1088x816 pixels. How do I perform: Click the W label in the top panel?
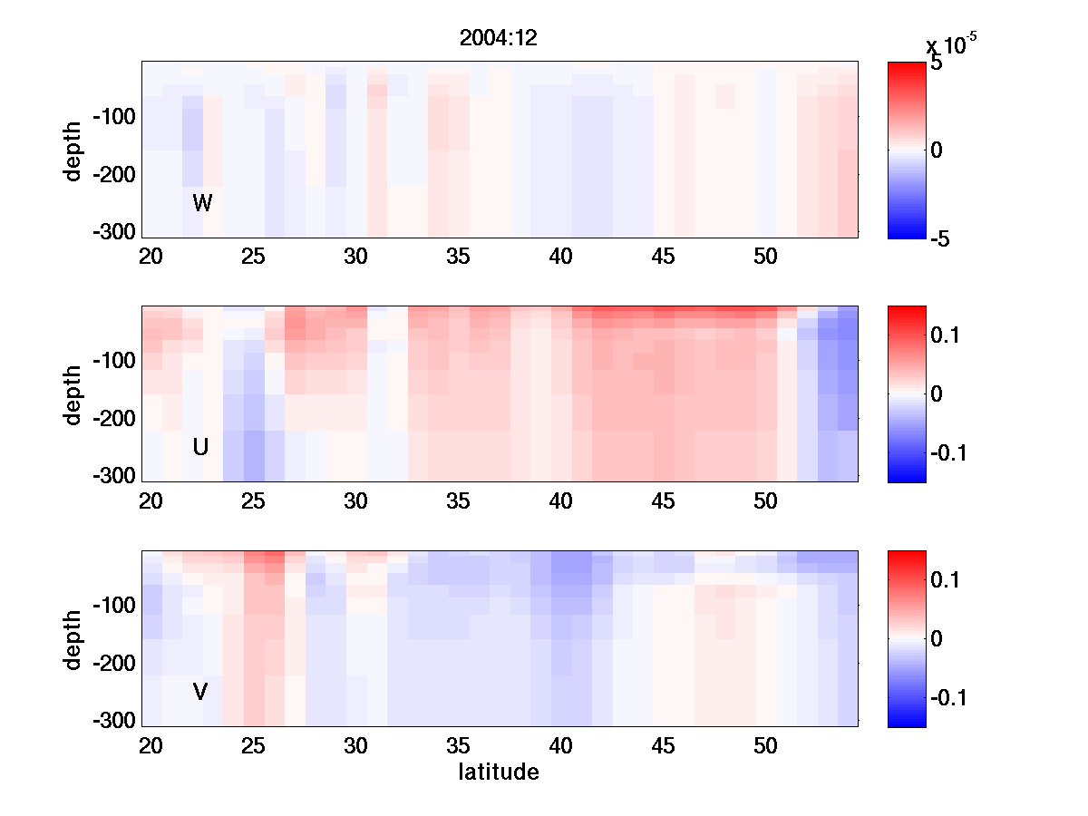[x=202, y=203]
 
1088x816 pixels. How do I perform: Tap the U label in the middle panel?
[x=201, y=447]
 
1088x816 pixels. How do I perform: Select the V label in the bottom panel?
[x=200, y=692]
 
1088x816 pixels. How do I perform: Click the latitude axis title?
[x=499, y=772]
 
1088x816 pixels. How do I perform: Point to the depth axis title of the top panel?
[x=73, y=150]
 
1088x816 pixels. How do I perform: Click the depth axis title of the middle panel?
[x=73, y=394]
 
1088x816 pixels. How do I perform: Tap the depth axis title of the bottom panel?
[x=73, y=639]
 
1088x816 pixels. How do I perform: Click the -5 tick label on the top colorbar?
[x=943, y=239]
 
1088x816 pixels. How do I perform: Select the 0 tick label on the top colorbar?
[x=937, y=151]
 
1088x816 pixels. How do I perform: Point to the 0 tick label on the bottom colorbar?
[x=937, y=639]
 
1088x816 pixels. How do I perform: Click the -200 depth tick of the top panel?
[x=113, y=175]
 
